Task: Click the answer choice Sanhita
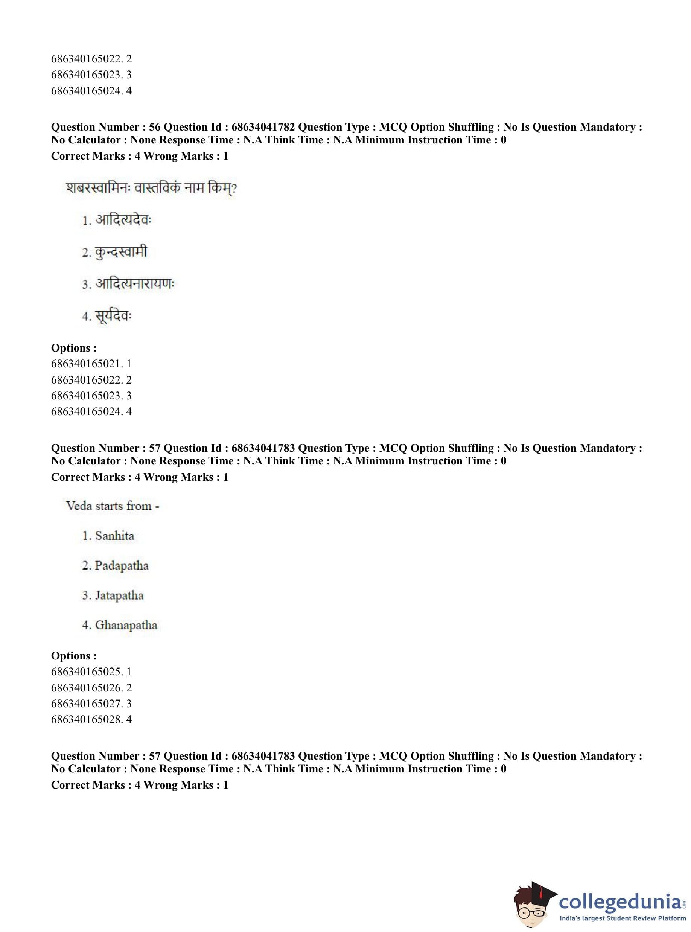(114, 536)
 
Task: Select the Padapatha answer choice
(121, 565)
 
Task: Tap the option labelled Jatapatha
(119, 595)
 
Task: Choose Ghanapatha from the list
(126, 625)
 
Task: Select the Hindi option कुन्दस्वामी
(121, 252)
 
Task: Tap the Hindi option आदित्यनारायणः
(134, 284)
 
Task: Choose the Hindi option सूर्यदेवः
(113, 316)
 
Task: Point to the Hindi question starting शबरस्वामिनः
(151, 188)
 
